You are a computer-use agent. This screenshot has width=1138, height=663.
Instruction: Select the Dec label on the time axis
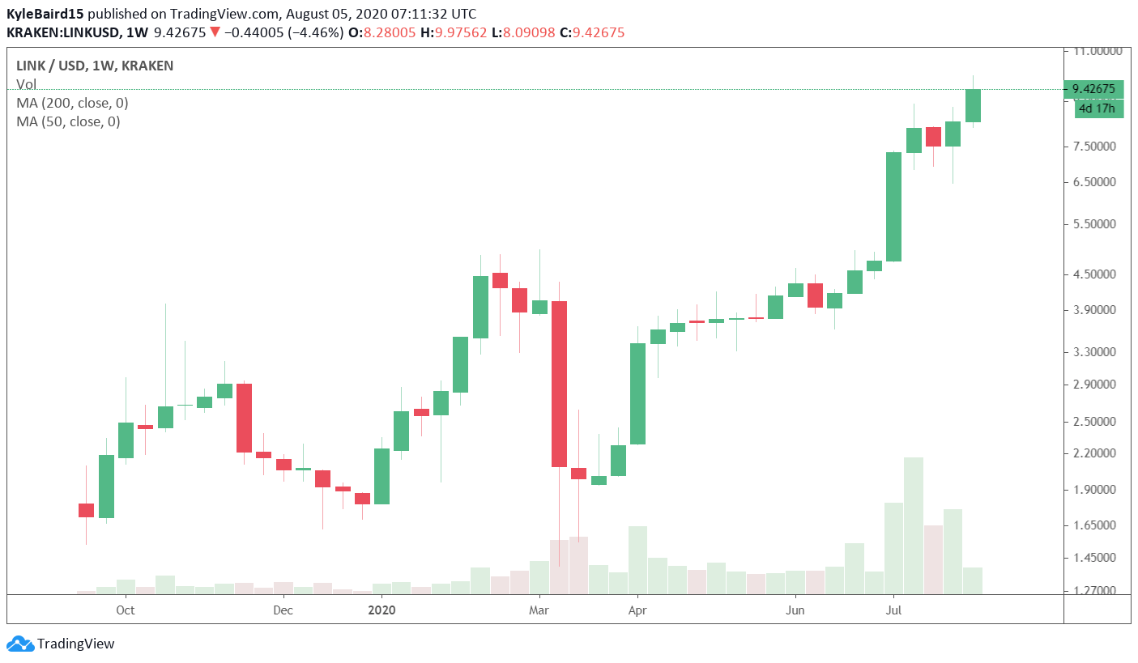click(283, 610)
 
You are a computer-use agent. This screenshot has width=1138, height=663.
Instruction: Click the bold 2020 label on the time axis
click(381, 610)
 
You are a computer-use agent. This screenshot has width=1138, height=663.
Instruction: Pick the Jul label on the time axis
click(893, 610)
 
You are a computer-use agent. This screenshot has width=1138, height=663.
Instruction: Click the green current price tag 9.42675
click(1093, 89)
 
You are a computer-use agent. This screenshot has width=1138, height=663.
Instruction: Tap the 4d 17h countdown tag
click(1098, 108)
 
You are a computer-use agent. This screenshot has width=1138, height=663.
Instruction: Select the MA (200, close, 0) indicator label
click(72, 103)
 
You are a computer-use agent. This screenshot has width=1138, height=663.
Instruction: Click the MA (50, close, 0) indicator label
click(68, 121)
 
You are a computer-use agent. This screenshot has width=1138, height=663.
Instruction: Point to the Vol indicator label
click(26, 84)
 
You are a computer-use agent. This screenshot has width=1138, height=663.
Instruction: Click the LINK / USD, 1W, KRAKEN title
click(95, 66)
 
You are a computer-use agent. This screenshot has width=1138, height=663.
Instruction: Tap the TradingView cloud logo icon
click(20, 644)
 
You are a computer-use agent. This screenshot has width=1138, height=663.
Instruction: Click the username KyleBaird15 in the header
click(45, 14)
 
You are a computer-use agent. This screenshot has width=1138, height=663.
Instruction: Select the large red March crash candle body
click(559, 384)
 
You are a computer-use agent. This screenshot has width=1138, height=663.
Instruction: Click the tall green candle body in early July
click(893, 206)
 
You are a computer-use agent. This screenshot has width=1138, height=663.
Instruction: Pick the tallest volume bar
click(914, 525)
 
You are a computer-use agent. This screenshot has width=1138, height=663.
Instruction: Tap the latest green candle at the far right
click(973, 105)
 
